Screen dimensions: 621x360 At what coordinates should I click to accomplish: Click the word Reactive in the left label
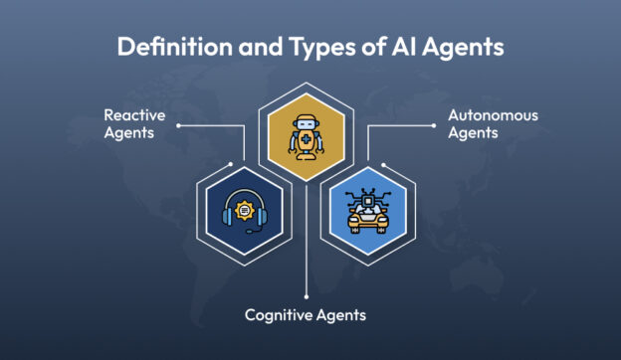[135, 116]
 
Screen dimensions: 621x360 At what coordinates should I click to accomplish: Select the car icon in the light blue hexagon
[370, 210]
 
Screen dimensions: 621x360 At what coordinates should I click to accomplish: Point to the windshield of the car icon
[370, 212]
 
